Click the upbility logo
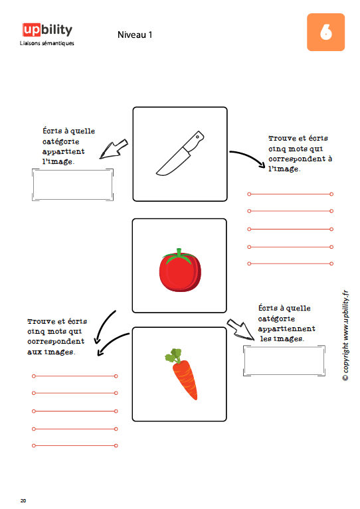pyautogui.click(x=47, y=30)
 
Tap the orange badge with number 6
pyautogui.click(x=325, y=32)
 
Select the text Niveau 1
pyautogui.click(x=135, y=35)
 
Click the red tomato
pyautogui.click(x=180, y=270)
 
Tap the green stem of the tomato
pyautogui.click(x=179, y=255)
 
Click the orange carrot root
pyautogui.click(x=185, y=379)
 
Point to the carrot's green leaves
pyautogui.click(x=174, y=356)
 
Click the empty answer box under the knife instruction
pyautogui.click(x=73, y=184)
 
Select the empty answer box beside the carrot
pyautogui.click(x=284, y=361)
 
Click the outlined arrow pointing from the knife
pyautogui.click(x=113, y=150)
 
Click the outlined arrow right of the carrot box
pyautogui.click(x=241, y=329)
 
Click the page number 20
pyautogui.click(x=23, y=500)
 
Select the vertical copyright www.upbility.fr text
pyautogui.click(x=345, y=335)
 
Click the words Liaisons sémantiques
pyautogui.click(x=46, y=43)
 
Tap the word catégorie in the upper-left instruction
pyautogui.click(x=60, y=141)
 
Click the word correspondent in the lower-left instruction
pyautogui.click(x=56, y=342)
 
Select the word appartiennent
pyautogui.click(x=286, y=329)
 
